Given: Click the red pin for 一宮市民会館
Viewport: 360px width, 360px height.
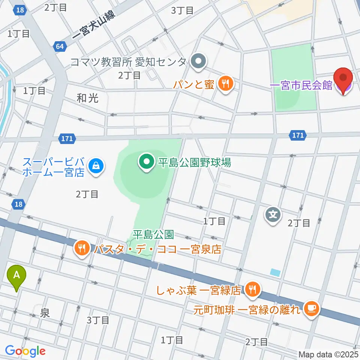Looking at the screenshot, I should (343, 79).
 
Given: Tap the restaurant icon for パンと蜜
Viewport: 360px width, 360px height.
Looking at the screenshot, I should (225, 84).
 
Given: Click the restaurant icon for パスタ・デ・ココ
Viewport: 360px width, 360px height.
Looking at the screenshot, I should (82, 248).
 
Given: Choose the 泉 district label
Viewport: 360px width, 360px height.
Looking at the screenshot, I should (45, 313).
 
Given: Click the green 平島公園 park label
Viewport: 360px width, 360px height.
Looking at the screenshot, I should (153, 235).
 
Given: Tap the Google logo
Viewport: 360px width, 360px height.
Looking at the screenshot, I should (25, 351).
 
